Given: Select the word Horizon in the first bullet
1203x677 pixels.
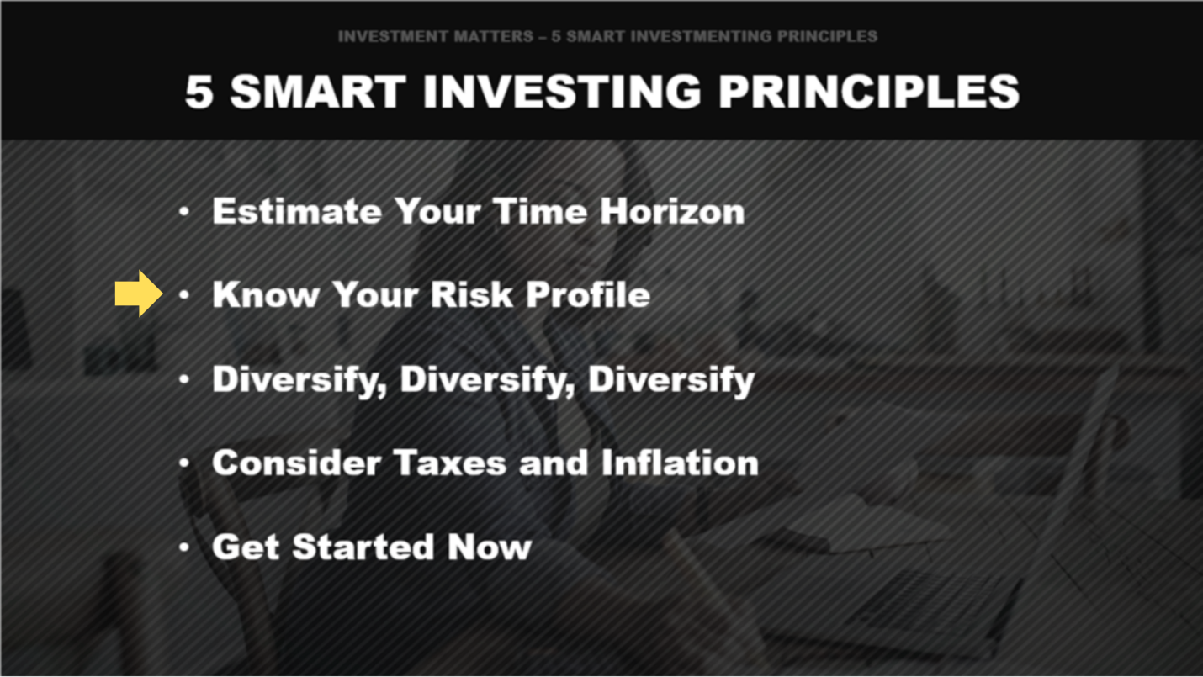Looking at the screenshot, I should pyautogui.click(x=672, y=211).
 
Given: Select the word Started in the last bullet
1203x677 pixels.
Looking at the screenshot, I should pyautogui.click(x=364, y=547).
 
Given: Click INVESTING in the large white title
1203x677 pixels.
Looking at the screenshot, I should pyautogui.click(x=561, y=92).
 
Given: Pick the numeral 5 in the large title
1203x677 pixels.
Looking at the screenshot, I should pyautogui.click(x=199, y=92).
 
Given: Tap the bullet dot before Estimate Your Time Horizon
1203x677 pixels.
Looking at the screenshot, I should pyautogui.click(x=184, y=212).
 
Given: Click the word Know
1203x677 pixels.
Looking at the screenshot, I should pyautogui.click(x=264, y=295).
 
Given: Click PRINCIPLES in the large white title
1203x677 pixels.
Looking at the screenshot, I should pyautogui.click(x=868, y=92).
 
